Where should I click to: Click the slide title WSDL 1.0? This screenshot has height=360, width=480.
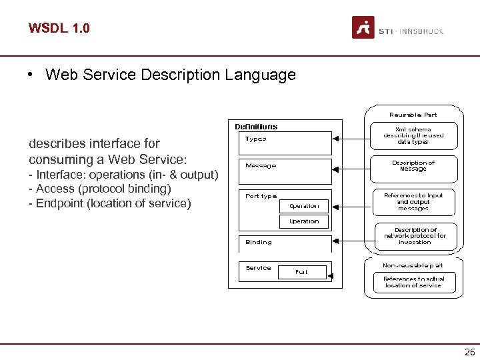(59, 28)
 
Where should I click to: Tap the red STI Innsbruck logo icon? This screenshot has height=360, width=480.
(363, 28)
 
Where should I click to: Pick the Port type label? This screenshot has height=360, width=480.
(261, 196)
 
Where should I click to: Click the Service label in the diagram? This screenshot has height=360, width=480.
(259, 268)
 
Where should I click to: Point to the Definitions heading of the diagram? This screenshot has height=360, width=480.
(256, 127)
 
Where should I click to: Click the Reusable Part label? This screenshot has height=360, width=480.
(413, 115)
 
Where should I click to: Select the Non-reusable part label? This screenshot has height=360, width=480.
(413, 265)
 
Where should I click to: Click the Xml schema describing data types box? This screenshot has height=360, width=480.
(413, 135)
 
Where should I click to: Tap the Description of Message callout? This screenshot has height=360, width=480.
(413, 166)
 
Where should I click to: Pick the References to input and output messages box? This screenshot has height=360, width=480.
(413, 201)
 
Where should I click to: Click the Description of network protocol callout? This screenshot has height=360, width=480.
(415, 236)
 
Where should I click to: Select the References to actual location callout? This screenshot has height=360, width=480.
(413, 282)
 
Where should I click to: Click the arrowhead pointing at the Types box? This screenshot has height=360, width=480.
(337, 139)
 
